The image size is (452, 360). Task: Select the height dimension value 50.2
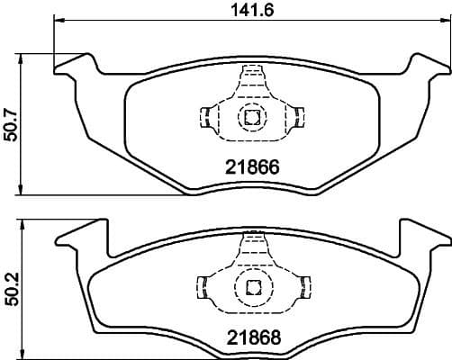[10, 283]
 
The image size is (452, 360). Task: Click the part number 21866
[249, 166]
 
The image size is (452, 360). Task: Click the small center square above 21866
[250, 115]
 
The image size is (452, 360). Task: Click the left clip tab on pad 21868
[203, 286]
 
